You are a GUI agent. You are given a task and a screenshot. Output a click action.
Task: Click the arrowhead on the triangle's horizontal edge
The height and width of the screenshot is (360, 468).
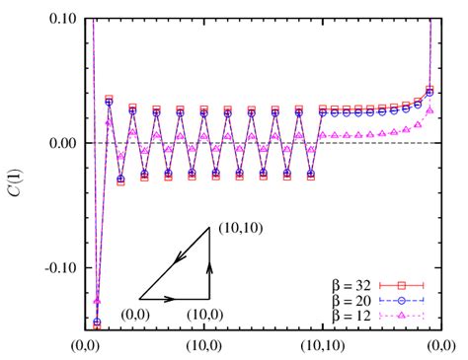click(x=171, y=297)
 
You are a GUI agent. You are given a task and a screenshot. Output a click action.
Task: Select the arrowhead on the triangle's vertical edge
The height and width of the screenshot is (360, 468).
click(x=208, y=263)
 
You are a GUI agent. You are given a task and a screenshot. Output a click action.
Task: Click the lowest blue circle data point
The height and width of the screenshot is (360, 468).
click(x=97, y=323)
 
